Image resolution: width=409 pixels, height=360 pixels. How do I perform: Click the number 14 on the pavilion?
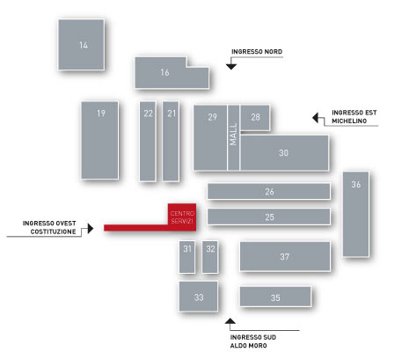[84, 45]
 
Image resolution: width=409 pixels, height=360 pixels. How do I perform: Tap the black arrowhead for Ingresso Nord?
[231, 67]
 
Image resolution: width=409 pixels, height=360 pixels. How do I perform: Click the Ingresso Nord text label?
[257, 52]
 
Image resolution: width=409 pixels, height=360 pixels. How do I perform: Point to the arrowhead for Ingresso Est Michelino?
[315, 118]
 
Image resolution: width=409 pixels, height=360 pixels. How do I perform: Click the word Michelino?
[349, 121]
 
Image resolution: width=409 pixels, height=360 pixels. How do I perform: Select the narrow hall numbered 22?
[148, 142]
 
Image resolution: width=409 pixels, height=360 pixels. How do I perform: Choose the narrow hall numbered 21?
[171, 142]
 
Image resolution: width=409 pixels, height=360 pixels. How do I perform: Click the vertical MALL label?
[233, 135]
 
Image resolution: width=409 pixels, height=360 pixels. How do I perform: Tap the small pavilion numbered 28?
[255, 118]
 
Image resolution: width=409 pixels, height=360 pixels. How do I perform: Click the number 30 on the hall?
[283, 152]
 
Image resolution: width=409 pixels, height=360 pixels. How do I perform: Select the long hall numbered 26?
[269, 191]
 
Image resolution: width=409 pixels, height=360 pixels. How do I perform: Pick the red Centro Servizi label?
[182, 217]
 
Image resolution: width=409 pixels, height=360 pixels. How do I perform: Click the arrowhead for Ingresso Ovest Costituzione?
[91, 228]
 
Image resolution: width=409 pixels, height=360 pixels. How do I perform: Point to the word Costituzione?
[53, 231]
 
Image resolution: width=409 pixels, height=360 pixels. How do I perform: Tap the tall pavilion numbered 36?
[356, 214]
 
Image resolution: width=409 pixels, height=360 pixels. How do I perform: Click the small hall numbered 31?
[187, 257]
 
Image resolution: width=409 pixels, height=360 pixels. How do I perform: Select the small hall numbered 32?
[210, 257]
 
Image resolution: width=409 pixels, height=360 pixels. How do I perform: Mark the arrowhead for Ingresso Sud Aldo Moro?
[230, 321]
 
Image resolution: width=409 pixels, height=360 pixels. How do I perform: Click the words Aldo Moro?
[248, 346]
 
